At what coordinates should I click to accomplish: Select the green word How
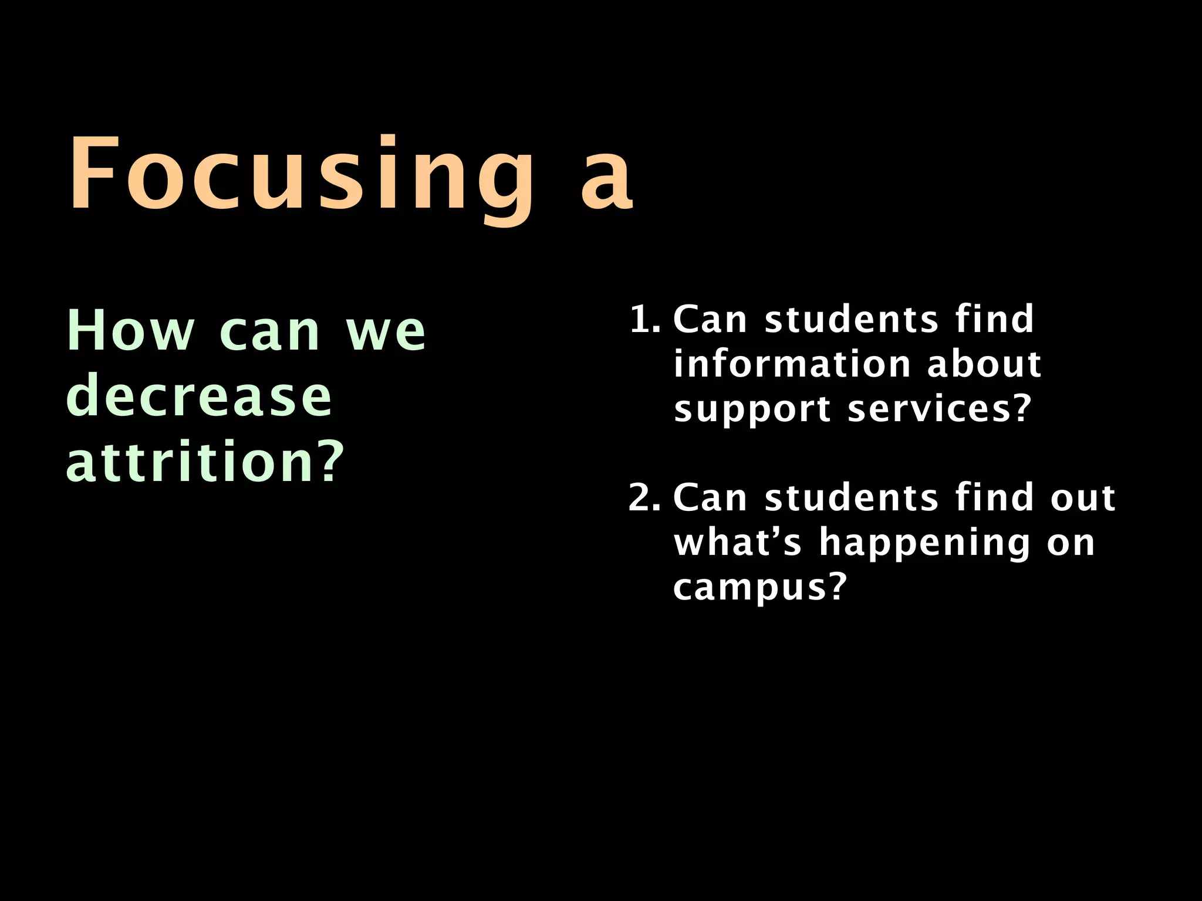tap(130, 331)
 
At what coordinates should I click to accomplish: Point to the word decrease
tap(199, 397)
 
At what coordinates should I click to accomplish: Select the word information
tap(792, 364)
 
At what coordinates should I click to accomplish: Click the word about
tap(984, 364)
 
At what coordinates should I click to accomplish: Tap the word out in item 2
tap(1082, 498)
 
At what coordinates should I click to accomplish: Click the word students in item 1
tap(852, 320)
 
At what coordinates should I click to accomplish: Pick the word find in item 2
tap(994, 497)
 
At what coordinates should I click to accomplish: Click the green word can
tap(269, 333)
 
